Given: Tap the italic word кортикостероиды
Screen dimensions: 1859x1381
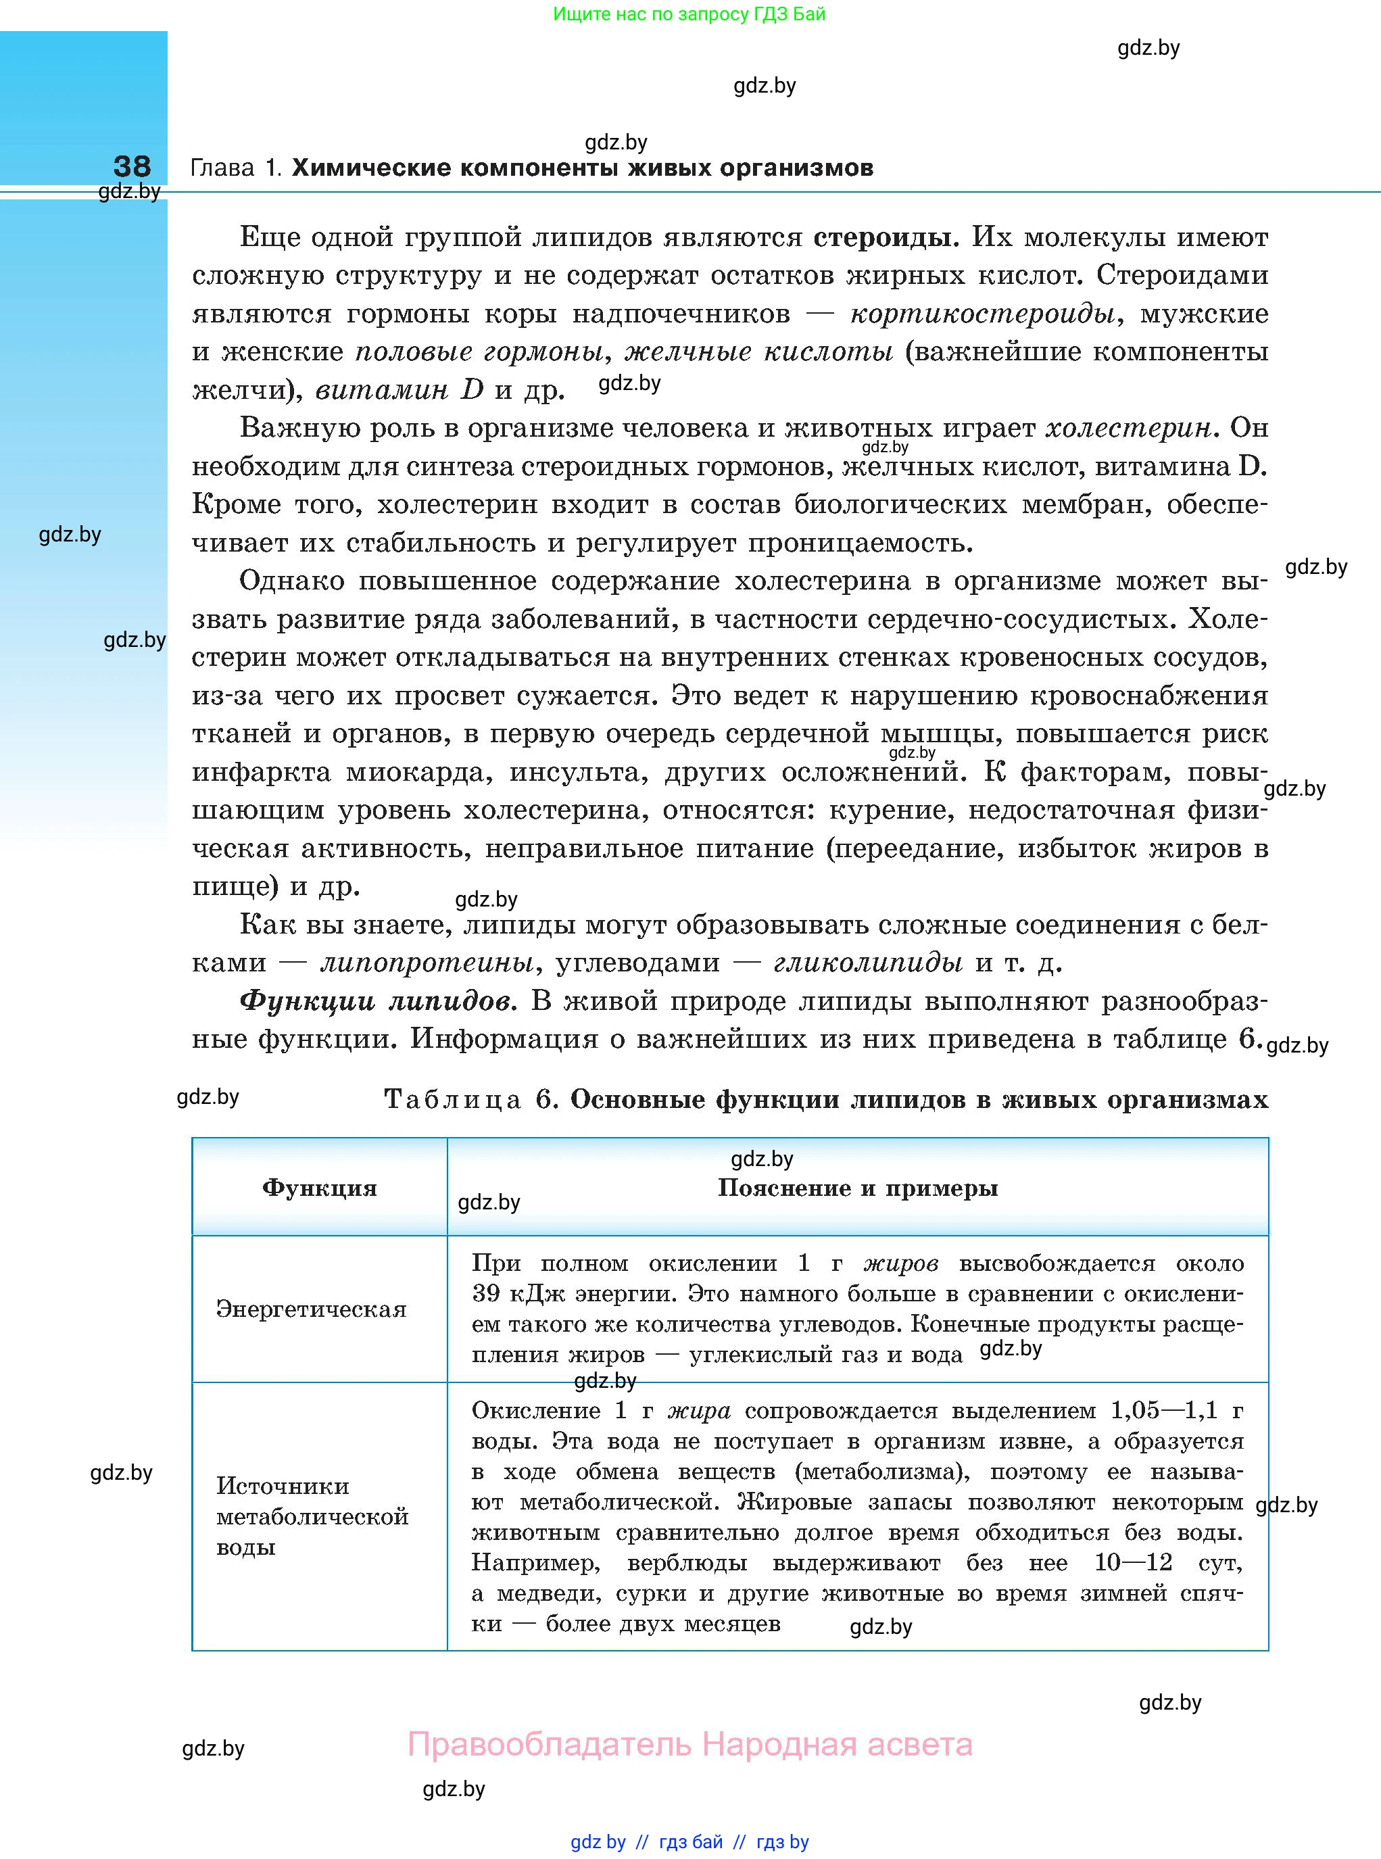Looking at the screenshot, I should click(x=982, y=314).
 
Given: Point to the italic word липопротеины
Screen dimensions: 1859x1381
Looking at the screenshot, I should click(x=427, y=963).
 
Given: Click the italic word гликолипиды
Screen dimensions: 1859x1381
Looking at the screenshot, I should click(x=868, y=963).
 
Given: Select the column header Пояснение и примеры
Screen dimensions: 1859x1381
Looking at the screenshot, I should click(x=858, y=1188).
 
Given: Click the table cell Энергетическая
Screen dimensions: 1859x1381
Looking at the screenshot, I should click(x=311, y=1309).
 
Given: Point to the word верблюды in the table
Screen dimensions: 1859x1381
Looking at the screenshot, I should click(x=688, y=1563).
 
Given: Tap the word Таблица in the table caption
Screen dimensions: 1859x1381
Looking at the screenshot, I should click(x=453, y=1100).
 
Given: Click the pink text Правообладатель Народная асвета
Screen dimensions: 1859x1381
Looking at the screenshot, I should click(x=689, y=1745).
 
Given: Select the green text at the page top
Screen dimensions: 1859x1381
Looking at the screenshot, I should click(x=689, y=14).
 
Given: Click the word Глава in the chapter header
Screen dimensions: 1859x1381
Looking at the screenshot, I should click(x=222, y=168).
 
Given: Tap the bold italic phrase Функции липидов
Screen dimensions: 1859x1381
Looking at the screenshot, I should click(x=378, y=1001).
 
